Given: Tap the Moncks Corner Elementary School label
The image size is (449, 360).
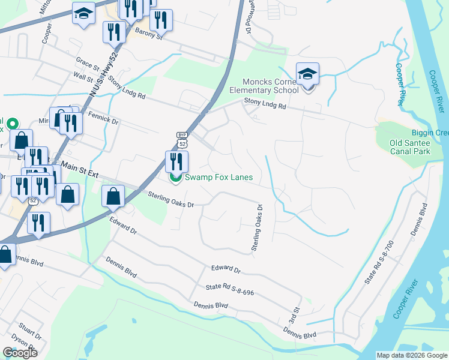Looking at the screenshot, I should (x=270, y=86).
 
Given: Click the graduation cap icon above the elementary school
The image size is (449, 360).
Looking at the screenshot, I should (x=307, y=74).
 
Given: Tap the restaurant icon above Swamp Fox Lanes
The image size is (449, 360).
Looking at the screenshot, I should (x=176, y=161).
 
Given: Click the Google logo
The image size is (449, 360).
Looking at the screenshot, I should (x=20, y=352).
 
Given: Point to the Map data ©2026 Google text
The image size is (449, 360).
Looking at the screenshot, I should (x=412, y=355).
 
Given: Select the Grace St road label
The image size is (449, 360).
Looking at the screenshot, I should (x=88, y=62).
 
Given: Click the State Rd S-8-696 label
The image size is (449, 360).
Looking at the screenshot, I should (x=231, y=290).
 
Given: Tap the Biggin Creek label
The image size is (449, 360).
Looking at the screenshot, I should (x=429, y=133).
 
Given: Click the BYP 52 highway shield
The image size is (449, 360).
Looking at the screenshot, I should (x=182, y=139).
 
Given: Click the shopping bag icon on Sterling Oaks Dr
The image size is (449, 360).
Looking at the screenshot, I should (x=113, y=196).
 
